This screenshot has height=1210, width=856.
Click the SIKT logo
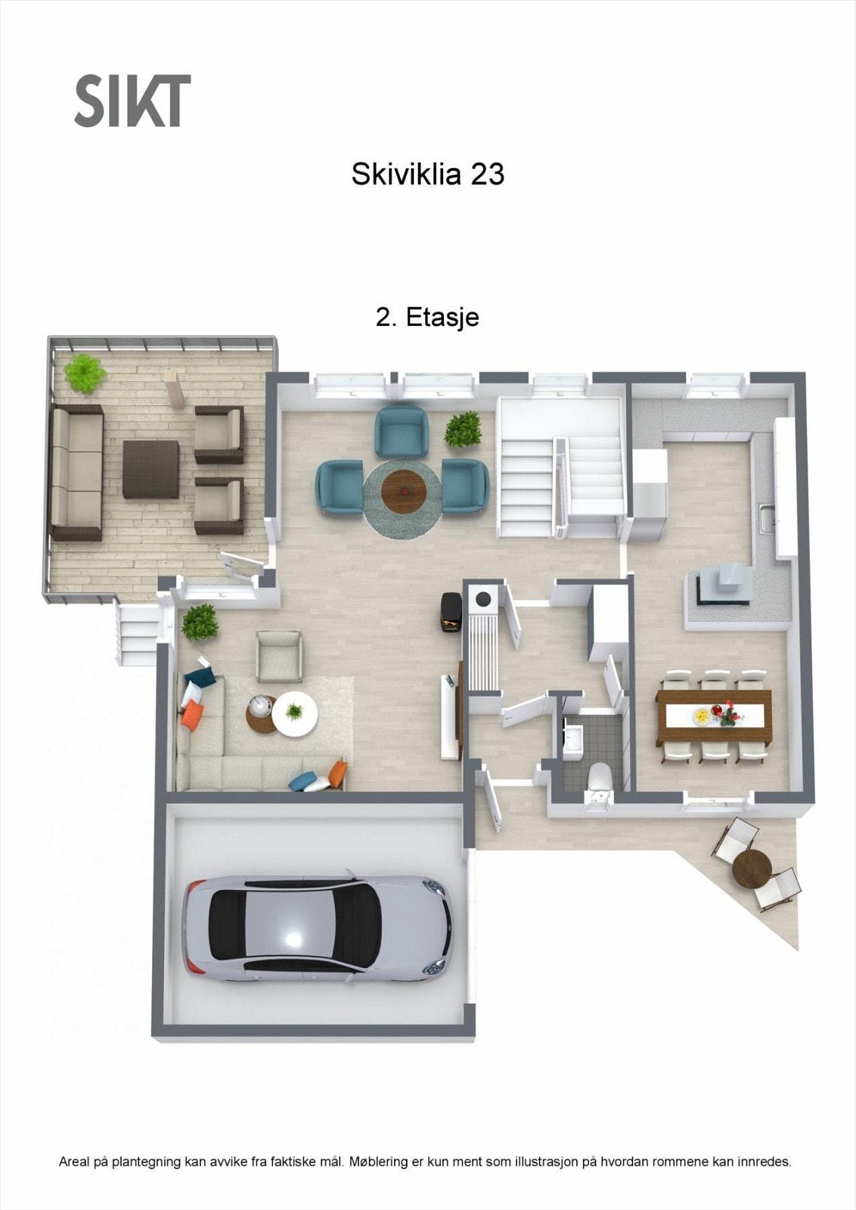point(132,101)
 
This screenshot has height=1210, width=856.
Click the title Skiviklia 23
point(427,175)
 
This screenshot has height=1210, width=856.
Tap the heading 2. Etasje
point(427,317)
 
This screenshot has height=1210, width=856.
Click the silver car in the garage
point(318,929)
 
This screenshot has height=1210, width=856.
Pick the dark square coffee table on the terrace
point(151,469)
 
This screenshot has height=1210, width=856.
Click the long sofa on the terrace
point(76,472)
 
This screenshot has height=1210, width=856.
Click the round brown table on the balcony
point(752,868)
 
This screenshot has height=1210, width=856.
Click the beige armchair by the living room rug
point(279,656)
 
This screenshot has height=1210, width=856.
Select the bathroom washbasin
point(572,738)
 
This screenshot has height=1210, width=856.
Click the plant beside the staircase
point(463,430)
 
